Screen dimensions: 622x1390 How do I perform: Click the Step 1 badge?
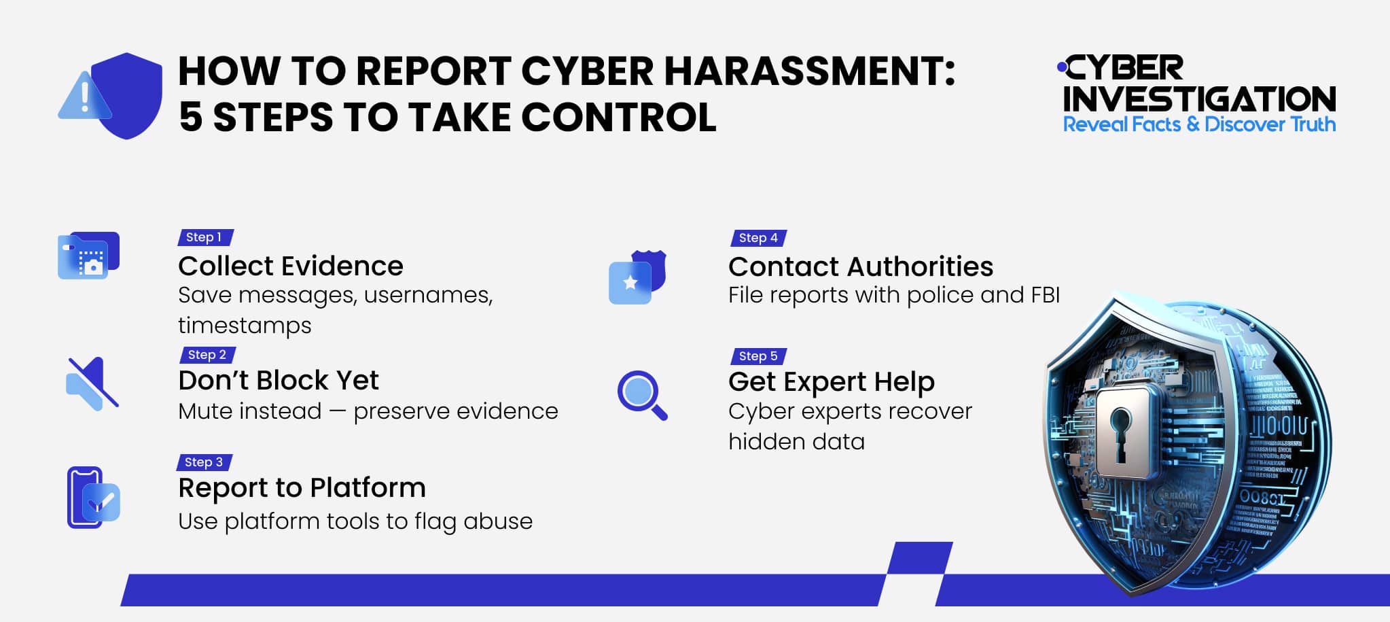[x=204, y=237]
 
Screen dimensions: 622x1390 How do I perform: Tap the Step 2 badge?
[x=207, y=355]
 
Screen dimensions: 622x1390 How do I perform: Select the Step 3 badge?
[x=204, y=462]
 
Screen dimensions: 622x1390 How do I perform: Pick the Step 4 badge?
[x=758, y=238]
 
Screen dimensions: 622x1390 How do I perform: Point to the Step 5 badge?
[x=758, y=356]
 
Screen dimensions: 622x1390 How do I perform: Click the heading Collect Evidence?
[x=291, y=266]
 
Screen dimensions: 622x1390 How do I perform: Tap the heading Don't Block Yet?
[x=279, y=381]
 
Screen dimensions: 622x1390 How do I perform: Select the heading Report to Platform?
[x=302, y=488]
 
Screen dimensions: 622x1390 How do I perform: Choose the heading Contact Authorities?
[x=861, y=266]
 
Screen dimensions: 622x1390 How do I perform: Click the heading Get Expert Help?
[x=832, y=382]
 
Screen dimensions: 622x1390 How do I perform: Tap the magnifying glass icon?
[x=641, y=394]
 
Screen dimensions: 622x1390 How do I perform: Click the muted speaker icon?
[x=92, y=383]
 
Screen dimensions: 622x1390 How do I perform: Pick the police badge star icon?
[x=631, y=282]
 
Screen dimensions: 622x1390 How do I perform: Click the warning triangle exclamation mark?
[x=85, y=97]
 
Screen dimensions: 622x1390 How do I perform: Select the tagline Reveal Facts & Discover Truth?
[x=1199, y=124]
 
